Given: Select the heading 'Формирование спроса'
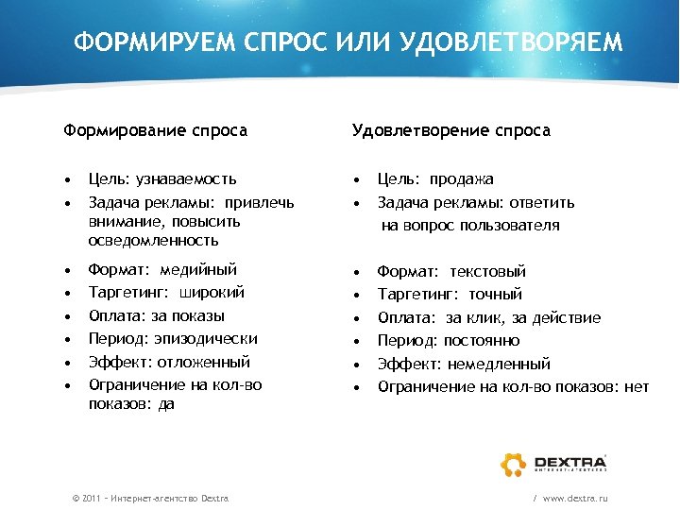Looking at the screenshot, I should coord(155,130).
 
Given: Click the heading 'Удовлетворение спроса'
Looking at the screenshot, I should coord(451,130).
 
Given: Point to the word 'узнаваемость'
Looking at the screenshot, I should coord(186,178).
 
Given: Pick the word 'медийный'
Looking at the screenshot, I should coord(200,269).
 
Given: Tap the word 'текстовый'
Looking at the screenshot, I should coord(488,271).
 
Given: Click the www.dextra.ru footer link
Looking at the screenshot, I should coord(575,497).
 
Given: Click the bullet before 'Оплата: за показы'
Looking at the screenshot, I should coord(69,315).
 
